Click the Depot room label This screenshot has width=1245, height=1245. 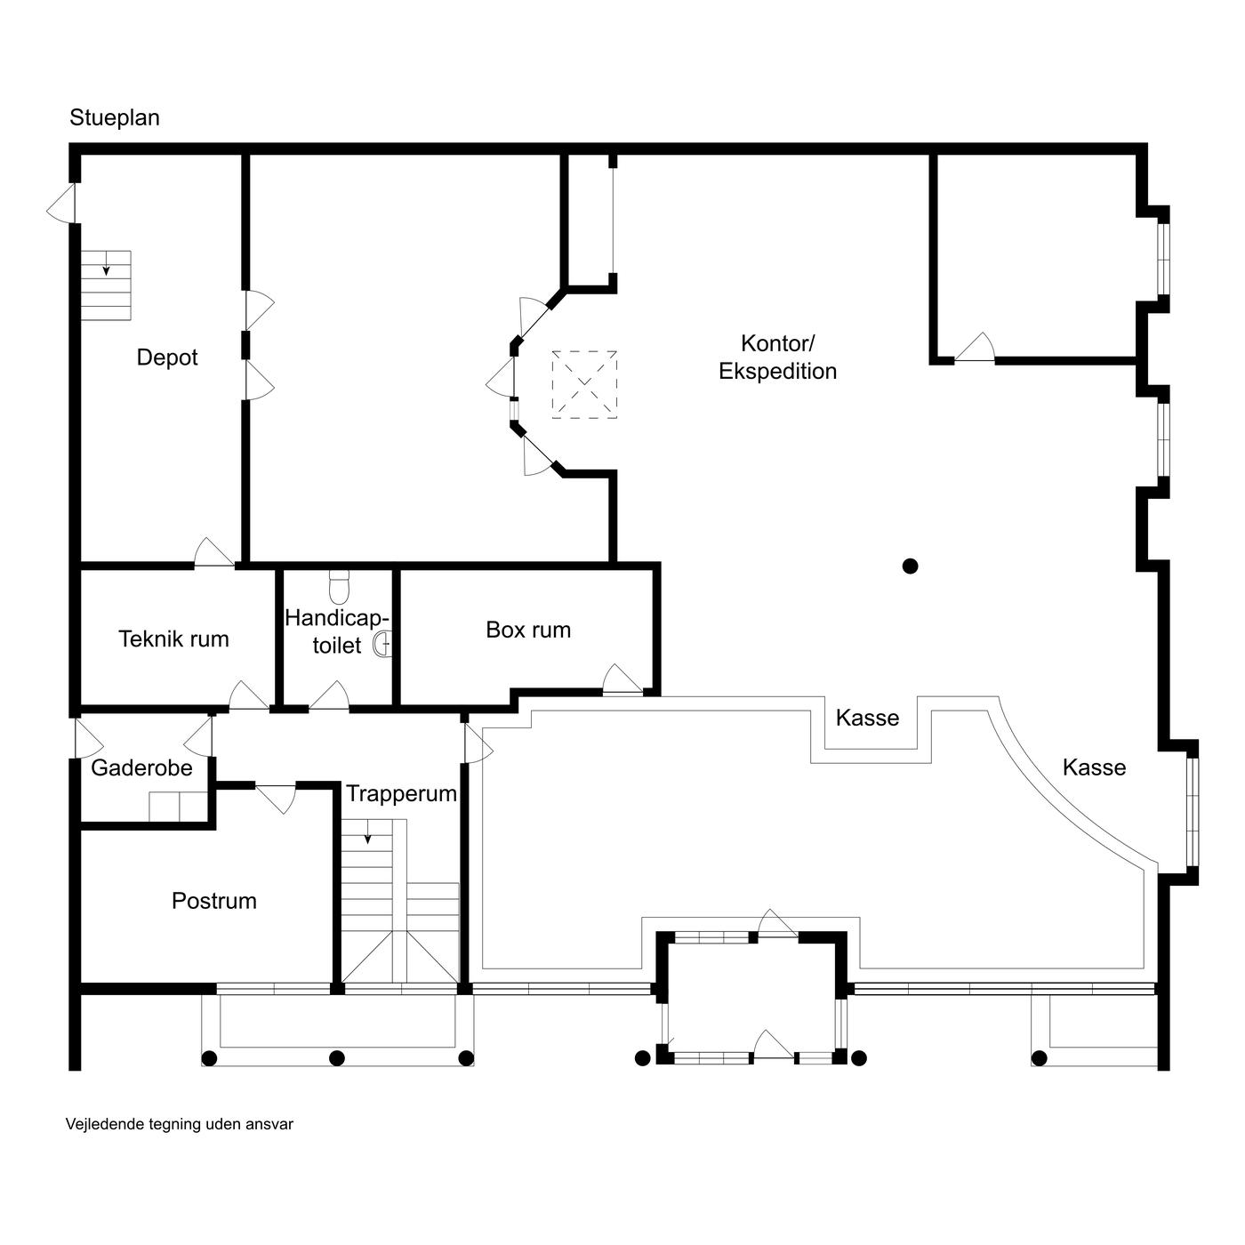(x=166, y=357)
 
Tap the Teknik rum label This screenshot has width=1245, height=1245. (x=173, y=639)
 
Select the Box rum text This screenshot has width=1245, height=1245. (x=528, y=630)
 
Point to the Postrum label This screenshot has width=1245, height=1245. (x=213, y=901)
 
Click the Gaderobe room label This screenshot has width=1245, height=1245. (x=141, y=767)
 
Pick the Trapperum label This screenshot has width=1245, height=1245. (x=401, y=794)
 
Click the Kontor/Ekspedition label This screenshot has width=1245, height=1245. (x=777, y=357)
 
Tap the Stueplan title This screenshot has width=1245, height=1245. (x=115, y=117)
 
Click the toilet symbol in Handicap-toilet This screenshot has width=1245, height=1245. (x=339, y=587)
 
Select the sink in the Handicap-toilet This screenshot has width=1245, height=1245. (x=382, y=644)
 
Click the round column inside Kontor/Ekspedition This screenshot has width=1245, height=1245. (x=910, y=566)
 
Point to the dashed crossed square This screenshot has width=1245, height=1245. (x=584, y=384)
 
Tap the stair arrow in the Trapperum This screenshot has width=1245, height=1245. (x=367, y=832)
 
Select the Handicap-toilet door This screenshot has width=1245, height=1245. (x=329, y=696)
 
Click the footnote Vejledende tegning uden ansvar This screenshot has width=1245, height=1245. (x=180, y=1123)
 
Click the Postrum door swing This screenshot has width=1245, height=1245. (x=276, y=799)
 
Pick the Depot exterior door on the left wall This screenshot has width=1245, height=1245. (x=60, y=204)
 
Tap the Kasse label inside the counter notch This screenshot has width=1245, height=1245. (x=867, y=718)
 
